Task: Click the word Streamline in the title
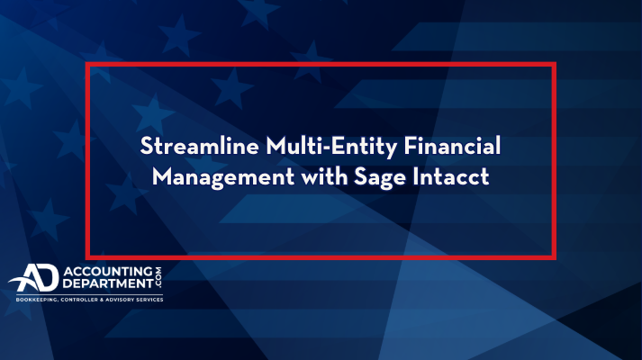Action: coord(199,146)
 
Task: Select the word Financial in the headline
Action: coord(452,146)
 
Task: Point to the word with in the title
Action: coord(324,176)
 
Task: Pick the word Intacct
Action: coord(451,176)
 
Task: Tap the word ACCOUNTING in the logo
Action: coord(108,272)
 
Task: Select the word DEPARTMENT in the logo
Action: coord(108,283)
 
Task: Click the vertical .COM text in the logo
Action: coord(158,277)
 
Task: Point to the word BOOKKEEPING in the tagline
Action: coord(37,300)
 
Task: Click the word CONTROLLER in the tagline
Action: coord(79,300)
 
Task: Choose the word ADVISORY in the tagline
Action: coord(121,300)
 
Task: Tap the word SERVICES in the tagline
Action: coord(150,300)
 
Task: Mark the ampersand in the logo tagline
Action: coord(102,300)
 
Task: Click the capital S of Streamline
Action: coord(147,146)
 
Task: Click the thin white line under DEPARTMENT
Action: coord(90,294)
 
